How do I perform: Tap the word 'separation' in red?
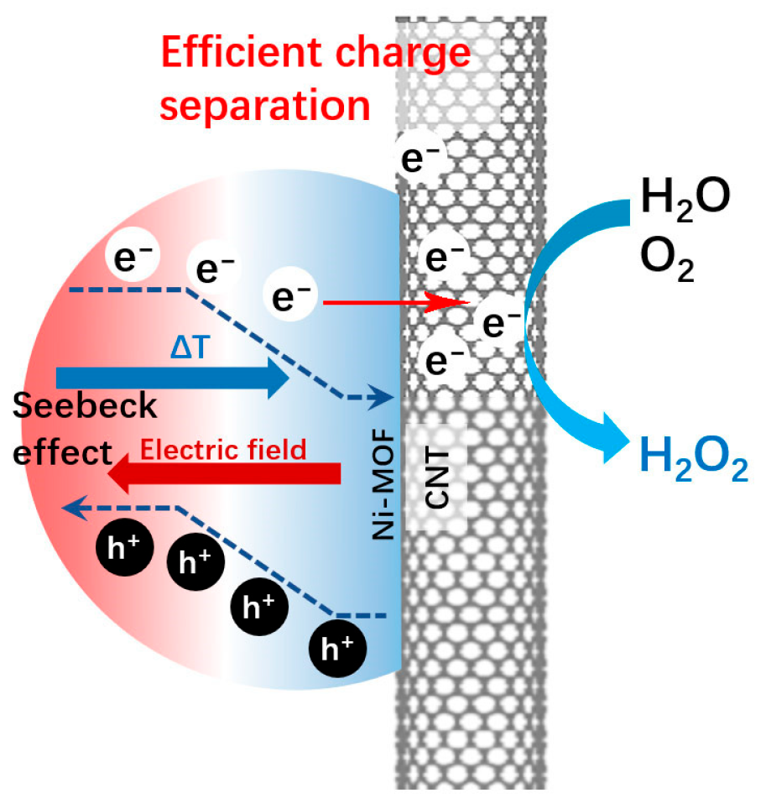click(265, 105)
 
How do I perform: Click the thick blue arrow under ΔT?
click(172, 378)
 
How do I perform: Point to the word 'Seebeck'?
click(85, 405)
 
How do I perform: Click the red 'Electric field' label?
click(223, 449)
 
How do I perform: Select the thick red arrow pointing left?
click(224, 473)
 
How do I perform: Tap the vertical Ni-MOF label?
click(383, 484)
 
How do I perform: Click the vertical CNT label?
click(436, 478)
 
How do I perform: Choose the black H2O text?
click(685, 199)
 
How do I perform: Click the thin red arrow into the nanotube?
click(396, 302)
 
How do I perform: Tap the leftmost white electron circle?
click(133, 255)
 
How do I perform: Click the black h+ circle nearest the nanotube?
click(337, 649)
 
